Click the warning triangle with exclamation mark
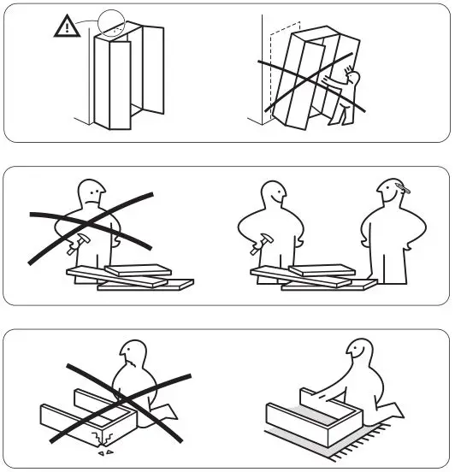pos(65,27)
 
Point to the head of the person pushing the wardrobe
pos(352,80)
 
